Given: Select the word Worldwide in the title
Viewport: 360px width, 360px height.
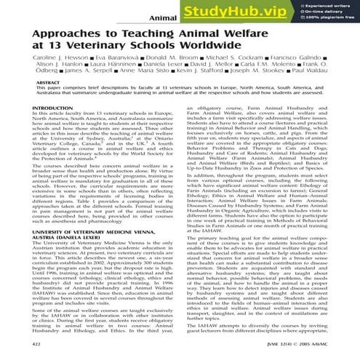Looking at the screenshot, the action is [x=210, y=52].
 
